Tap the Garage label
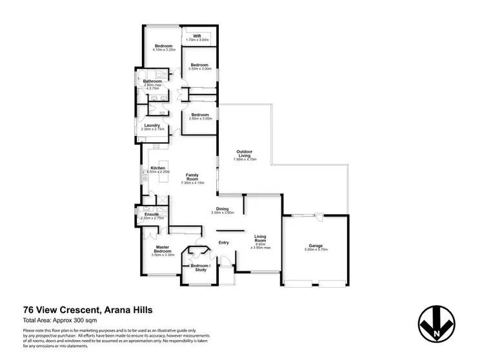point(316,245)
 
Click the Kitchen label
point(158,168)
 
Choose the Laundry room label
point(152,125)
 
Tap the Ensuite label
point(152,214)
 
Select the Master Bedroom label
point(163,249)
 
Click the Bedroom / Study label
point(198,266)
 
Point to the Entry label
point(224,242)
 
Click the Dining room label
point(222,208)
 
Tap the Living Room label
point(261,239)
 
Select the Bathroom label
point(152,81)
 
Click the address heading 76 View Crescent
point(87,310)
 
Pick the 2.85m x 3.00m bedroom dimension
point(200,118)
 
